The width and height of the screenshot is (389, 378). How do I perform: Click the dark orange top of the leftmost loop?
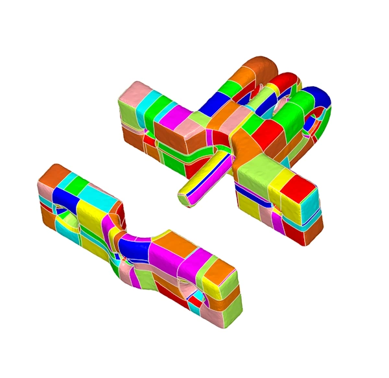(259, 69)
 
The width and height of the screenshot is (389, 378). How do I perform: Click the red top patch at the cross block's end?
(300, 187)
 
